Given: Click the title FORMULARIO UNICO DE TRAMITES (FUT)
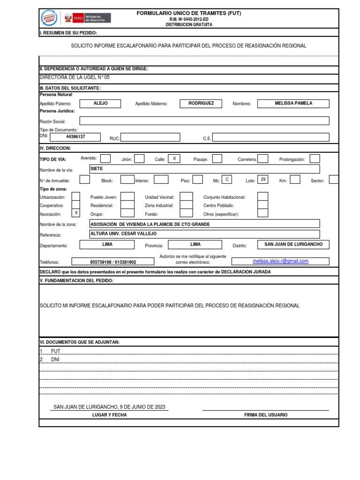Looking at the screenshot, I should [188, 14].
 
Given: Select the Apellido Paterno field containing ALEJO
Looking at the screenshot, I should [100, 104].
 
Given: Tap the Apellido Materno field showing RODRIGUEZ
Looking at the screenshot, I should [201, 104].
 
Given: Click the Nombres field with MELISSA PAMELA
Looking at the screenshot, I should [293, 104].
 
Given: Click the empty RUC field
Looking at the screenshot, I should [150, 137].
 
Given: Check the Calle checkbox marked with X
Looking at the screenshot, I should [174, 159].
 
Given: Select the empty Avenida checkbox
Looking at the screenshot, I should [106, 158].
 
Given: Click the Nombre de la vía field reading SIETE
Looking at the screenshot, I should [204, 169].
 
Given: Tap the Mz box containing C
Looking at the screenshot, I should [227, 180].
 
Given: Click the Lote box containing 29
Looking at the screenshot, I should [263, 180].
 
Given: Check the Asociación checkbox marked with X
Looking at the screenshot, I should [75, 213].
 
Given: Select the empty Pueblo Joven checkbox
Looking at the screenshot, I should [127, 196].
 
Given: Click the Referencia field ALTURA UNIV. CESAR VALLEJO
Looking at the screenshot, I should [204, 234].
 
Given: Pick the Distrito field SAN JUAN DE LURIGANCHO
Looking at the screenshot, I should [293, 245].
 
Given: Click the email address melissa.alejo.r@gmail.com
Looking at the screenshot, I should [280, 261].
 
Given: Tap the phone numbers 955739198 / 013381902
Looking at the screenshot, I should [112, 262].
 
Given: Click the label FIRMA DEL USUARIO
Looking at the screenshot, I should [266, 415].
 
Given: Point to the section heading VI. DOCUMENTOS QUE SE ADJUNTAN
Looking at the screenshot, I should [80, 342].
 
